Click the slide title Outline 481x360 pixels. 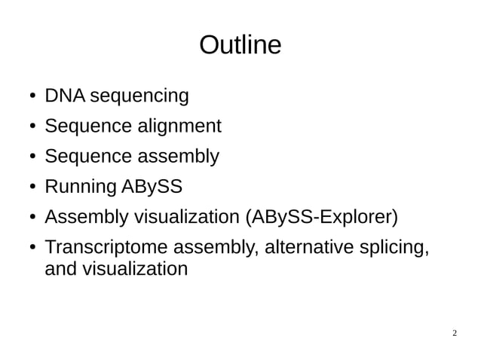(x=240, y=46)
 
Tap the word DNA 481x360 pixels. (x=65, y=96)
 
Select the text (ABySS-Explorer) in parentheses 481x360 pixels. (x=321, y=218)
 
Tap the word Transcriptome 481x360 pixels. (x=106, y=248)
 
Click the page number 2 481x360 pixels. (x=455, y=332)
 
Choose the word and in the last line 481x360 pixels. (x=60, y=269)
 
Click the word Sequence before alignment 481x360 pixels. (x=87, y=127)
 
